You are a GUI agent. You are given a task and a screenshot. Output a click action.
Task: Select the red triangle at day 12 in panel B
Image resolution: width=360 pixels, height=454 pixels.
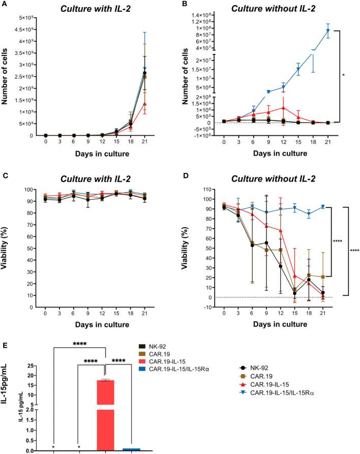tap(283, 107)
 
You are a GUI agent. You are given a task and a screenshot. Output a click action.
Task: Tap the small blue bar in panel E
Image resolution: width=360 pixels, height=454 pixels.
tap(132, 449)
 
